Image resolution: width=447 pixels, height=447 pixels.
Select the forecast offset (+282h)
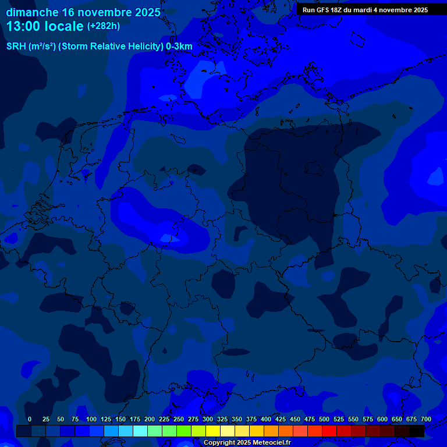(104, 26)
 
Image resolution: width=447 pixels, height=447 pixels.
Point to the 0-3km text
(179, 47)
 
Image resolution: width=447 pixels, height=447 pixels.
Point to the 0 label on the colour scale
(30, 419)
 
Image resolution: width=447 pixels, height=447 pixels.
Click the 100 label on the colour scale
(91, 419)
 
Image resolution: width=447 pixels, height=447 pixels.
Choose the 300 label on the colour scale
(208, 419)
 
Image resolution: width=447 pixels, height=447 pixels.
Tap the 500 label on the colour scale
(324, 419)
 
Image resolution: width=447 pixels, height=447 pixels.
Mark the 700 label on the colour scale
(426, 419)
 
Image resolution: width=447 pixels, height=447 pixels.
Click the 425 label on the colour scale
(281, 419)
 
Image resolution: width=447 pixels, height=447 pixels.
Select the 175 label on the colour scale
(135, 419)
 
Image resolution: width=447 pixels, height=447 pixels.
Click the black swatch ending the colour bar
(417, 431)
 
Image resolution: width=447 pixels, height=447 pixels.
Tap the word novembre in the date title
(102, 12)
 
